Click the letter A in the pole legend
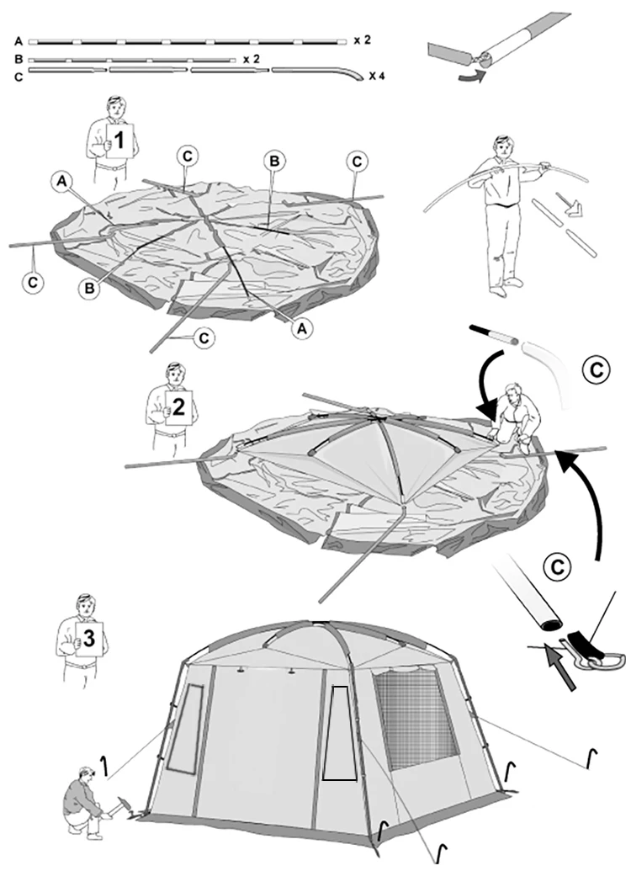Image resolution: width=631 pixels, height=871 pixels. tap(19, 40)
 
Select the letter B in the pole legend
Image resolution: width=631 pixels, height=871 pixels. tap(19, 60)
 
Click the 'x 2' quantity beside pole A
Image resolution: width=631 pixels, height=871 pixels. tap(362, 40)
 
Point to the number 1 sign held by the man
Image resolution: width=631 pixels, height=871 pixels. tap(119, 142)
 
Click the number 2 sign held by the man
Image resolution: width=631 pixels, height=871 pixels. tap(178, 405)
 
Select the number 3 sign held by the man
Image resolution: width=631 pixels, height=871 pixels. tap(90, 636)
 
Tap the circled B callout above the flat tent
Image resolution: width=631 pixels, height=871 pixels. tap(273, 160)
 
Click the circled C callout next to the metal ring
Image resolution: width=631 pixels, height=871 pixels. tap(556, 568)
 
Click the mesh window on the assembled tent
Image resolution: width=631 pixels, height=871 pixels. tap(416, 712)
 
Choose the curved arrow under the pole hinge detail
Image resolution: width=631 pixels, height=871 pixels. tap(467, 77)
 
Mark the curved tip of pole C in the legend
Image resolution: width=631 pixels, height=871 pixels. tap(347, 77)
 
